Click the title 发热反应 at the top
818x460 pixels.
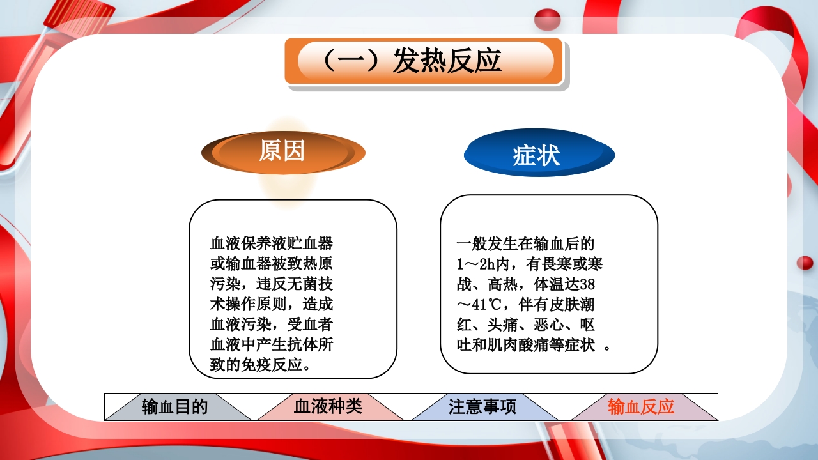447,61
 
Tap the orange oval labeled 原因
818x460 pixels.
282,151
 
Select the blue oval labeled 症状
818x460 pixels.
537,155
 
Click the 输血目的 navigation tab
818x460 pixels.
175,407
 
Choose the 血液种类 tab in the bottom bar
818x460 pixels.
328,407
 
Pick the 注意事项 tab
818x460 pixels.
482,407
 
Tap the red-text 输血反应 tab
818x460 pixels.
641,407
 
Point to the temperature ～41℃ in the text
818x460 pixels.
481,305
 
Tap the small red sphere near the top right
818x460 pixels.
547,20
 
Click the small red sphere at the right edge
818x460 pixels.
805,263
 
